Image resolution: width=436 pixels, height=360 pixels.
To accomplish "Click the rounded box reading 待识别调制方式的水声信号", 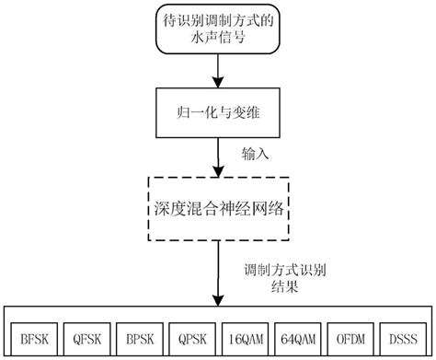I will pos(218,31).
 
